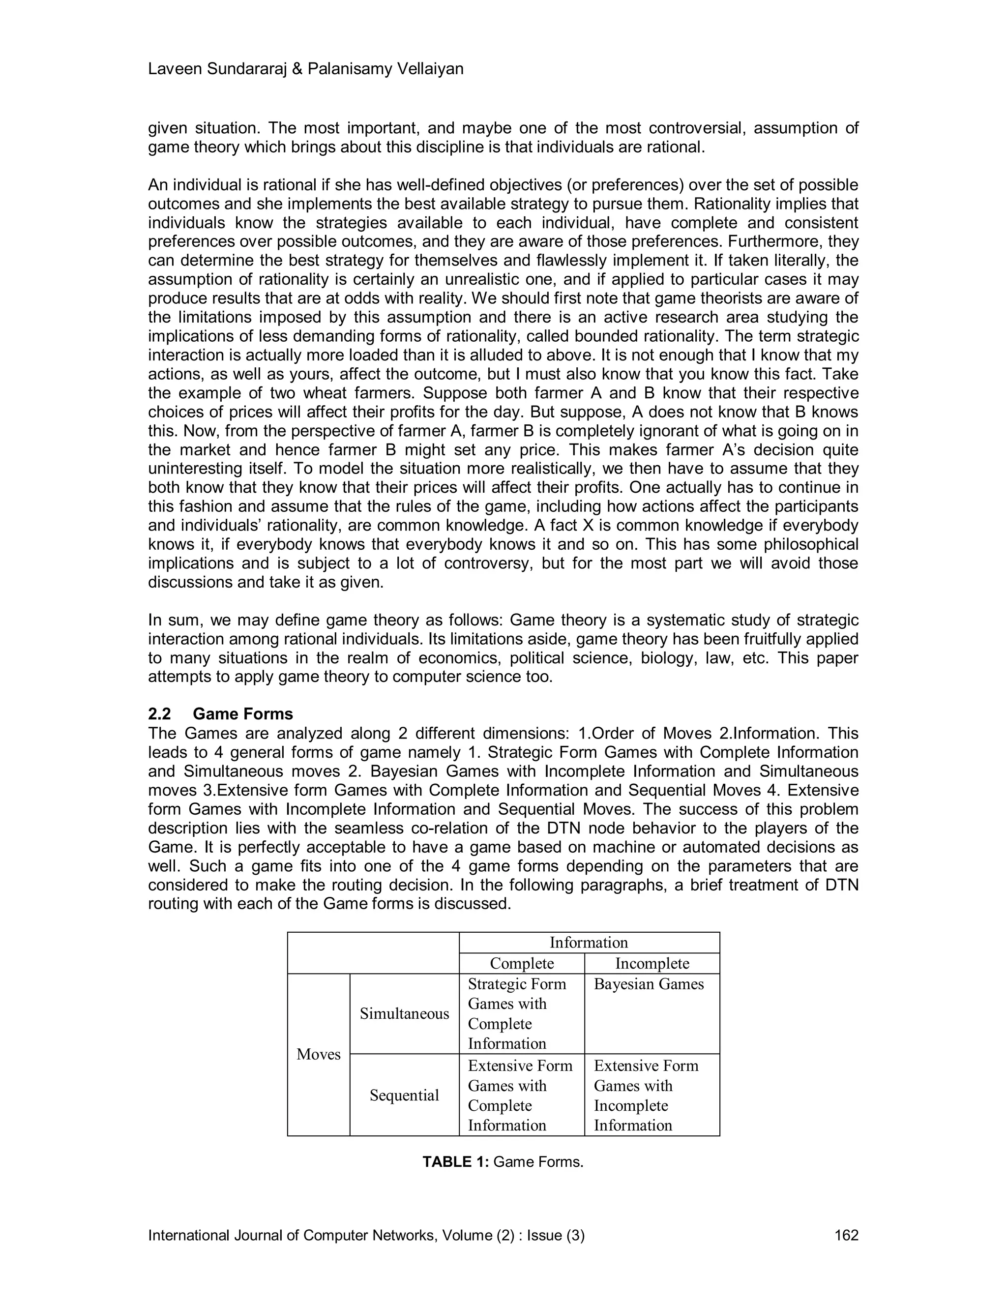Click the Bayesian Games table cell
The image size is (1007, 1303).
coord(649,984)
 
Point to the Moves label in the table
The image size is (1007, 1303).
coord(318,1054)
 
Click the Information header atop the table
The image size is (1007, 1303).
coord(588,942)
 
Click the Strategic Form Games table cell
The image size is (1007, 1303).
coord(517,1014)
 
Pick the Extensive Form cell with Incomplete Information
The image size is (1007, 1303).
coord(646,1095)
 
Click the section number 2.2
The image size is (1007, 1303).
coord(159,714)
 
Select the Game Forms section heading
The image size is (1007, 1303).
coord(243,714)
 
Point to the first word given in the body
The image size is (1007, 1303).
coord(167,128)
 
